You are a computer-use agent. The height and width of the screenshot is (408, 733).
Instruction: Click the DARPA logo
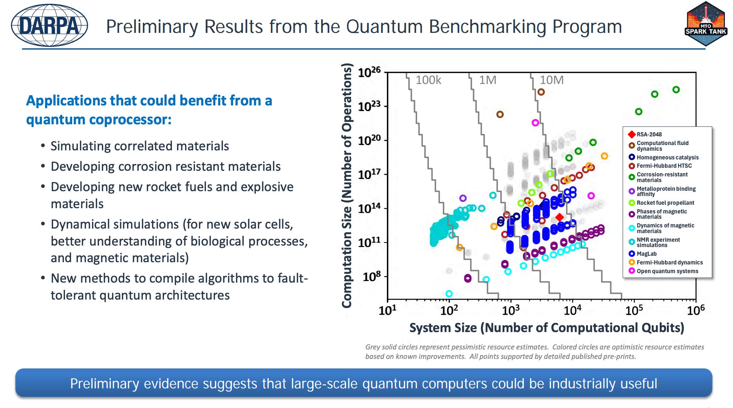click(x=49, y=26)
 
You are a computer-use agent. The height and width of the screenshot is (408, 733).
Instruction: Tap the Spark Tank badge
click(x=706, y=24)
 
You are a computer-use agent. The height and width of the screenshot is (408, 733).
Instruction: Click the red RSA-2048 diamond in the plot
click(x=560, y=217)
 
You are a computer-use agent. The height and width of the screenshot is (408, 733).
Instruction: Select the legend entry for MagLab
click(x=643, y=254)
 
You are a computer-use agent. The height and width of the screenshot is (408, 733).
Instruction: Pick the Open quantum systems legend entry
click(x=663, y=271)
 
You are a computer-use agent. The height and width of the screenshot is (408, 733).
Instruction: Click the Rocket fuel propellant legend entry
click(x=662, y=203)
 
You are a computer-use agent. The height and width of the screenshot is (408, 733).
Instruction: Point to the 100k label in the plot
click(x=428, y=80)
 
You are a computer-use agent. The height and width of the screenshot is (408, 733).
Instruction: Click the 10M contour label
click(x=552, y=80)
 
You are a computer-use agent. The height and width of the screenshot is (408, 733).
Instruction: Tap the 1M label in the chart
click(x=488, y=80)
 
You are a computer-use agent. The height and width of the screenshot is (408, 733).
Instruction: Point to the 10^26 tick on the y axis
click(x=370, y=72)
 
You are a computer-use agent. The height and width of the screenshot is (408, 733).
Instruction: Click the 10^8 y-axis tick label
click(x=372, y=277)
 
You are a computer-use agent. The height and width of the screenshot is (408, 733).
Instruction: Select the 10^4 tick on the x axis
click(x=572, y=310)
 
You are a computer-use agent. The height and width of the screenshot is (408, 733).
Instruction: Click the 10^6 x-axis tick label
click(x=696, y=310)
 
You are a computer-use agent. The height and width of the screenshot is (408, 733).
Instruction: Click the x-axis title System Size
click(x=547, y=328)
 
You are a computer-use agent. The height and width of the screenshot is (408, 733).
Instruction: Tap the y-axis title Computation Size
click(x=347, y=185)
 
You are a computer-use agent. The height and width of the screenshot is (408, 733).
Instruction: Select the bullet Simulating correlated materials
click(x=140, y=146)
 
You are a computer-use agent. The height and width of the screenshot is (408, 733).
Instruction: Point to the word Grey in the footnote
click(x=373, y=347)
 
